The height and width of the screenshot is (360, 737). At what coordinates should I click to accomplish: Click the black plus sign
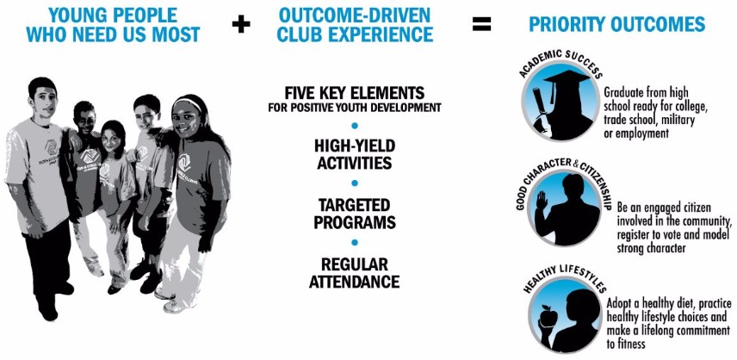point(241,24)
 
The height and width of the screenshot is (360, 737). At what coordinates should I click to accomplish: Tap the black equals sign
point(482,24)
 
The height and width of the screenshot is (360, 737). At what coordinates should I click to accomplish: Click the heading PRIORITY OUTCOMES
point(617,24)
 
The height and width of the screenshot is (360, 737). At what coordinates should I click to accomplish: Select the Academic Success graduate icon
point(561,101)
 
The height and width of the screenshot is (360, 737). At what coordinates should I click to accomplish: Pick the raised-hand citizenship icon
point(564,208)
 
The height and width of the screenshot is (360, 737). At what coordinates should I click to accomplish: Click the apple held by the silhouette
point(548,316)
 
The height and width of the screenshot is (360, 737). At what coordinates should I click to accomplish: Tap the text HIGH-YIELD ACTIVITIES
point(355,154)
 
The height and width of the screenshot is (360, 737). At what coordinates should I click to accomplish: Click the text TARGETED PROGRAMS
point(355,214)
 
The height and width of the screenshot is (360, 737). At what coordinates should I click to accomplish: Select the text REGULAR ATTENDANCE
point(355,273)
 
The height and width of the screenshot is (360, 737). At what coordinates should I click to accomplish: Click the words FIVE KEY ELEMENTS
point(355,91)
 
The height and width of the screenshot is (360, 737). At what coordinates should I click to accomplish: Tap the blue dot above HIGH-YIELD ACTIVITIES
point(355,126)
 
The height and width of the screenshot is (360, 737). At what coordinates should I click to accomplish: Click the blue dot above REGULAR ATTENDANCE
point(355,243)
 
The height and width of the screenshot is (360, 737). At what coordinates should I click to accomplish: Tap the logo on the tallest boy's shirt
point(50,147)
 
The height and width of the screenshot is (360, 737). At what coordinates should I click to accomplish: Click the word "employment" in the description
point(641,133)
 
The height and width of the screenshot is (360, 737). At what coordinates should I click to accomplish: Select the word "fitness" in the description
point(630,344)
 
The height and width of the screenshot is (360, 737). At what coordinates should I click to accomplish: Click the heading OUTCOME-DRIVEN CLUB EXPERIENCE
point(355,24)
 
